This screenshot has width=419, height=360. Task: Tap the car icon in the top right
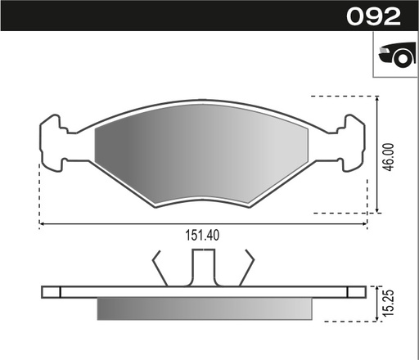point(394,56)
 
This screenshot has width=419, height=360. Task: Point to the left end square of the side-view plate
point(51,291)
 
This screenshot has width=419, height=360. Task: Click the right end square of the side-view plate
point(355,291)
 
